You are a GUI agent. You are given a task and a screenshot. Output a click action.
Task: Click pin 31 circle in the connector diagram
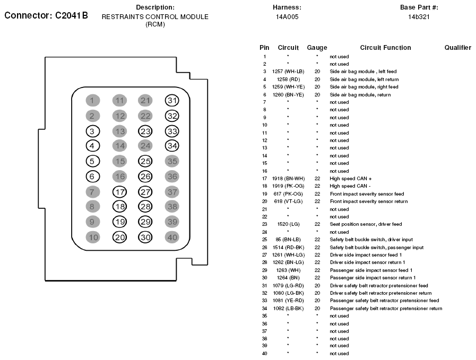[x=171, y=101]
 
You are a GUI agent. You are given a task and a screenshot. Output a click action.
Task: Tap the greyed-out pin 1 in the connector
[x=92, y=101]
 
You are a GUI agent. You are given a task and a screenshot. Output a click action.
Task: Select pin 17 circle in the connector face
[x=120, y=192]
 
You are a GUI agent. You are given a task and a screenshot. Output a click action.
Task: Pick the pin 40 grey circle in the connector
[x=171, y=238]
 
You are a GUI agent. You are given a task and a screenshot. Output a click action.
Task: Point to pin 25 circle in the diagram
[x=145, y=161]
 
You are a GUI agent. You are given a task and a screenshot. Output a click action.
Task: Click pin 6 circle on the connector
[x=92, y=177]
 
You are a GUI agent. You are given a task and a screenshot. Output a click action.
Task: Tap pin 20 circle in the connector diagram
[x=120, y=238]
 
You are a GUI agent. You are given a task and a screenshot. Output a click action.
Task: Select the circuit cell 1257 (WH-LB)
[x=288, y=71]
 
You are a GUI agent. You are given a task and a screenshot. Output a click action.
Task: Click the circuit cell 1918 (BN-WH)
[x=288, y=179]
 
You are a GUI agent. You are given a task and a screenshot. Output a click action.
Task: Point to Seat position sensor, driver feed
[x=366, y=224]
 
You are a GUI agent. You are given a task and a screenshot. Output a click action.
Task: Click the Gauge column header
[x=317, y=48]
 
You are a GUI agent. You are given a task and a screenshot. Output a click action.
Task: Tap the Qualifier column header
[x=457, y=48]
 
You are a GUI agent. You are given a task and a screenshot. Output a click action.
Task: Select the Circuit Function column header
[x=385, y=48]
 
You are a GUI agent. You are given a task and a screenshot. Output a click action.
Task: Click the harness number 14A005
[x=287, y=17]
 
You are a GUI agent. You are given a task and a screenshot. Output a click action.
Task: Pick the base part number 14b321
[x=419, y=17]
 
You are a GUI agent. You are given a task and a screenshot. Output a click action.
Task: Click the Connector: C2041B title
[x=46, y=16]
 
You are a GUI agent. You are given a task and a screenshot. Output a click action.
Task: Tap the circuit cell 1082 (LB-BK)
[x=288, y=308]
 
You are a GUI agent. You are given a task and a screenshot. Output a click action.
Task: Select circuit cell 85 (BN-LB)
[x=288, y=240]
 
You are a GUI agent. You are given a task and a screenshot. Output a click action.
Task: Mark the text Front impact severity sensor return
[x=368, y=201]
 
